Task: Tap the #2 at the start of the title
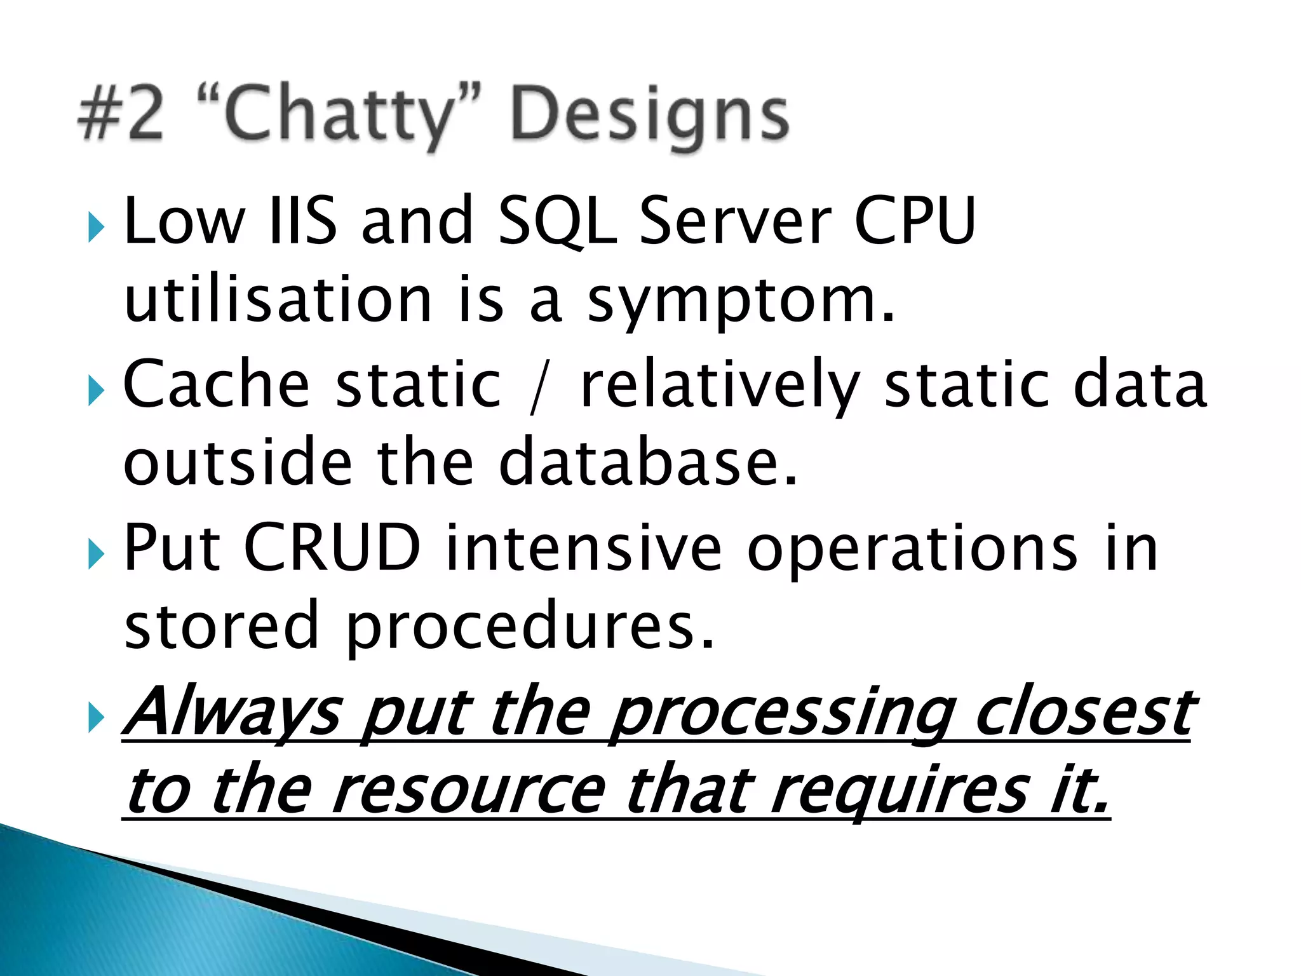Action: tap(121, 114)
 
